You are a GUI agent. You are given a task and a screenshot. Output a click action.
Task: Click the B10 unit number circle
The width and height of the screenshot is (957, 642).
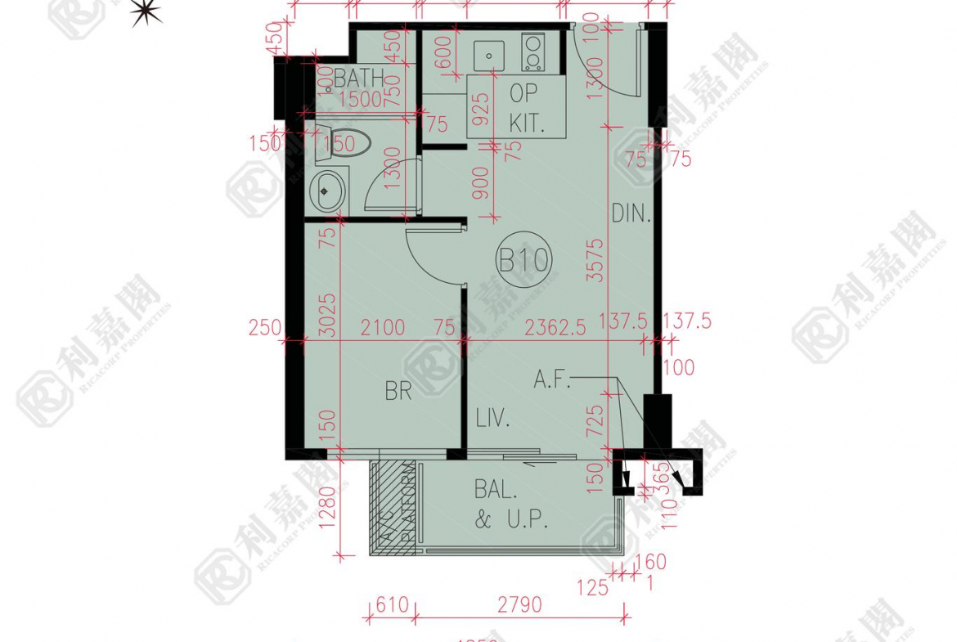[x=523, y=261]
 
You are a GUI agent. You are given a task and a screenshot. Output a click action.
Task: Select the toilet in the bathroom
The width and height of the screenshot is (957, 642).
[x=344, y=144]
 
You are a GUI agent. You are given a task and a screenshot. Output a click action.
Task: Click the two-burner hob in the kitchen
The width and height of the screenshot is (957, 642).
[x=533, y=52]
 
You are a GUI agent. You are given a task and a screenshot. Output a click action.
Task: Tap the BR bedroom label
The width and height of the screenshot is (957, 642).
[x=398, y=391]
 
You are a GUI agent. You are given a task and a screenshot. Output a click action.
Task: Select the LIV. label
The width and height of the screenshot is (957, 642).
[x=493, y=421]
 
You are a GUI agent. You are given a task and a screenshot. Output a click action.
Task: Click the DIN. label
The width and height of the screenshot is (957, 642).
[x=631, y=215]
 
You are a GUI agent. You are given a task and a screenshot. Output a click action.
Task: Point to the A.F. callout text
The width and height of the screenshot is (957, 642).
[x=551, y=379]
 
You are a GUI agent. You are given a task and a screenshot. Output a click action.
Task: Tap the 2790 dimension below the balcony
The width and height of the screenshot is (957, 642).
[x=519, y=604]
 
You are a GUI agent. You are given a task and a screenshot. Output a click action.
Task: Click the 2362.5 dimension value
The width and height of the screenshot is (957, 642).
[x=555, y=328]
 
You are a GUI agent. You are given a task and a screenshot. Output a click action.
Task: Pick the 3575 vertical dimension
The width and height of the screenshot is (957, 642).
[x=595, y=260]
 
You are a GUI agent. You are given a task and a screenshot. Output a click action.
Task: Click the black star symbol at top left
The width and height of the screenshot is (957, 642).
[x=146, y=11]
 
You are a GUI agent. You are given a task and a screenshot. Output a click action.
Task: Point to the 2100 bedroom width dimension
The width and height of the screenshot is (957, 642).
[x=382, y=328]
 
